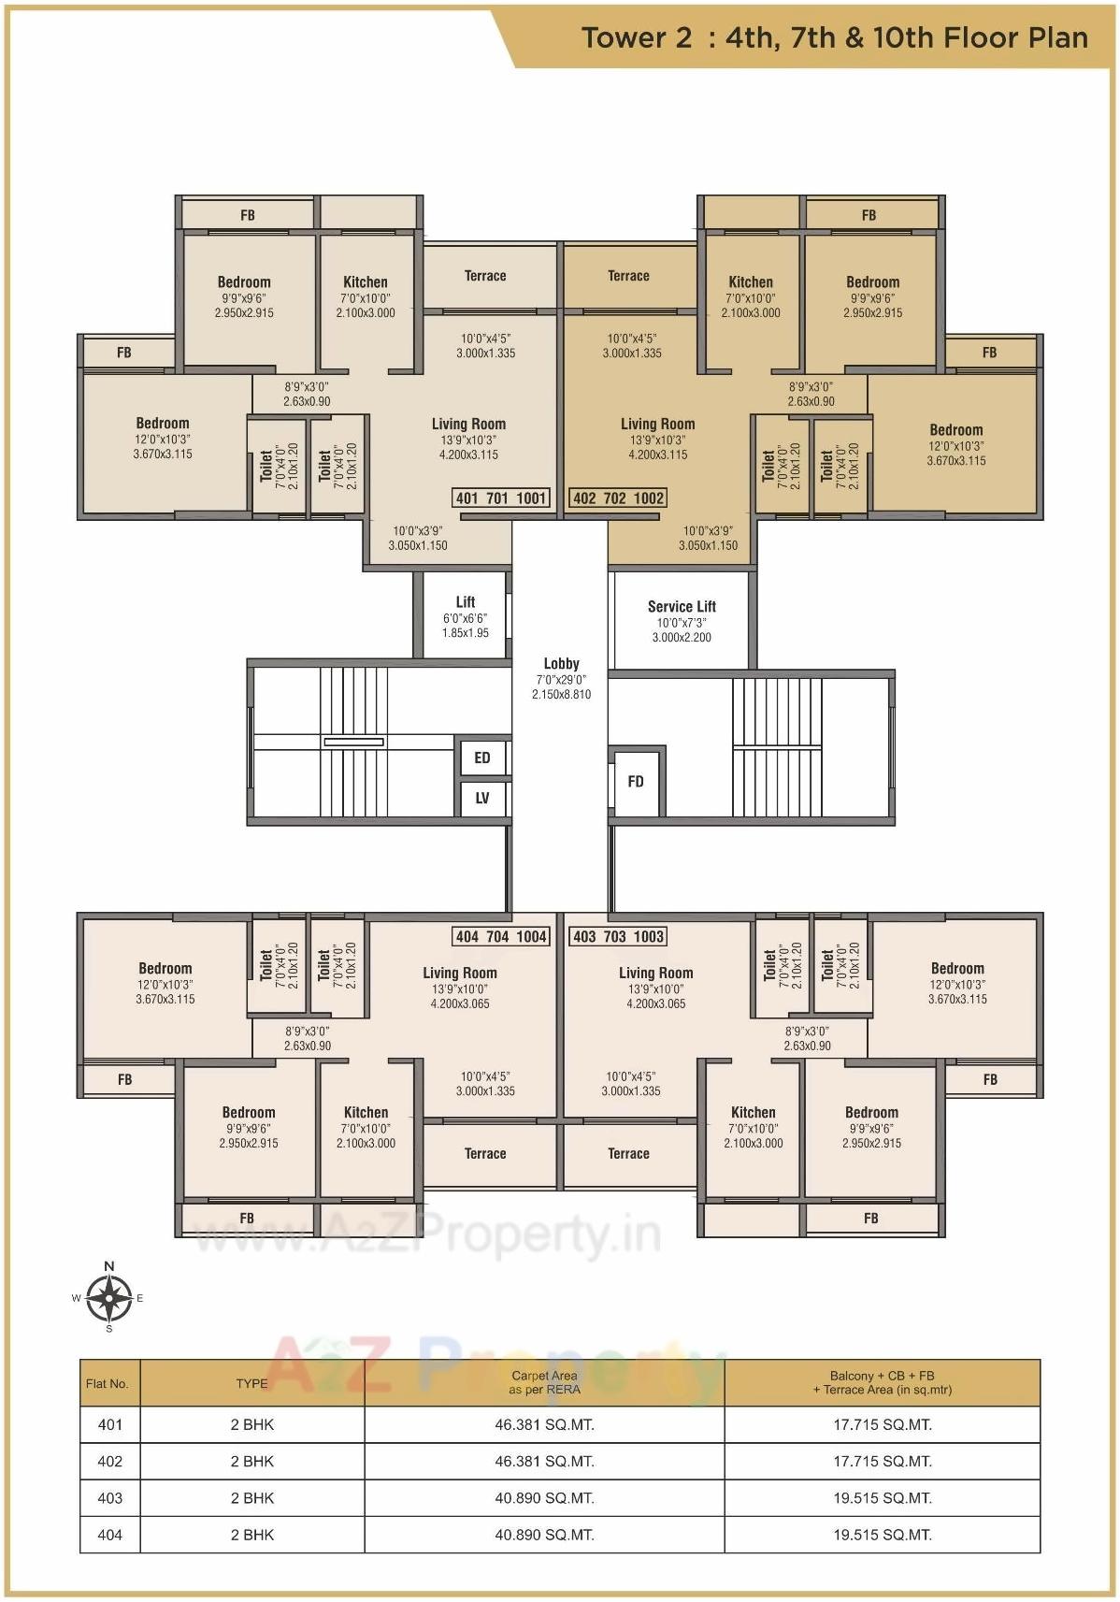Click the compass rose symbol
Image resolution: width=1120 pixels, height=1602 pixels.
(109, 1297)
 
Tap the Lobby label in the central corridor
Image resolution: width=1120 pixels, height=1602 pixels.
(561, 664)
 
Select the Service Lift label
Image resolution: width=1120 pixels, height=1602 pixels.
(682, 607)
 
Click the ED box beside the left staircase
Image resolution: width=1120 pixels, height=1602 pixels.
(482, 758)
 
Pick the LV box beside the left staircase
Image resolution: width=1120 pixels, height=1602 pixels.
(482, 798)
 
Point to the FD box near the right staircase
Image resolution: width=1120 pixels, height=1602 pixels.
(636, 782)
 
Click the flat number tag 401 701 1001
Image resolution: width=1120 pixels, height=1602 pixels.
(501, 498)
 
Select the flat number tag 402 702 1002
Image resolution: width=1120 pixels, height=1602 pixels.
(618, 498)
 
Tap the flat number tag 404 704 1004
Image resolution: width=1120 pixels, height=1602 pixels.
(501, 936)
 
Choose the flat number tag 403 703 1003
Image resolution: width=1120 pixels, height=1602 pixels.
(618, 936)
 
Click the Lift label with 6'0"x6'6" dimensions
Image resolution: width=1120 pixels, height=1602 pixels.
(466, 602)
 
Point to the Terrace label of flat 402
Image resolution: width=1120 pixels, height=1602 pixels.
(628, 276)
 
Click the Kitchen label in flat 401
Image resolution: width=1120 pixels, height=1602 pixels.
(366, 281)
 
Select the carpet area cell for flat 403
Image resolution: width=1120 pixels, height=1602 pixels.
(544, 1497)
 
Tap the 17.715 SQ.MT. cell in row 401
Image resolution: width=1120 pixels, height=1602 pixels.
(883, 1424)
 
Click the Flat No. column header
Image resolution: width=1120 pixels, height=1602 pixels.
(108, 1383)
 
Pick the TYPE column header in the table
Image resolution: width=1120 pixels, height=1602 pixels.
(251, 1383)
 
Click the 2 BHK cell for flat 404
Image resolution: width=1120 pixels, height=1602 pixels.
(251, 1534)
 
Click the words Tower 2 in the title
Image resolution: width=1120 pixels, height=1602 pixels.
(637, 37)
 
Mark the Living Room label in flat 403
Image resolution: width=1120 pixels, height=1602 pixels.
(655, 973)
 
